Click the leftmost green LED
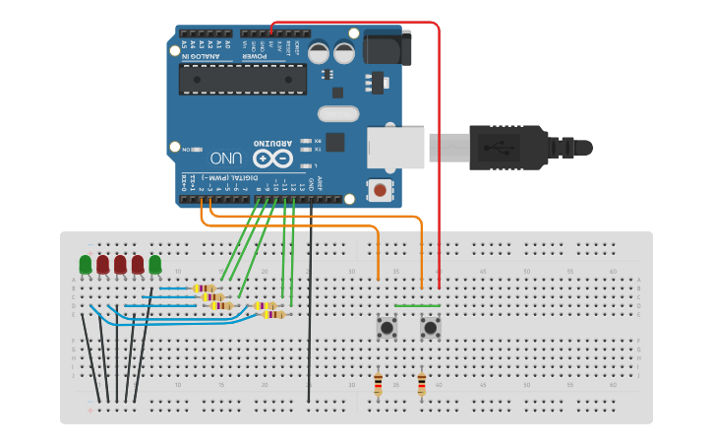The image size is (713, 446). (86, 264)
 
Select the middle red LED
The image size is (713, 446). (120, 264)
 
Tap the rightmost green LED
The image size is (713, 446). (154, 264)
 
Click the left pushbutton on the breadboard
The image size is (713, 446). (386, 327)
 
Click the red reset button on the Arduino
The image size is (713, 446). (379, 189)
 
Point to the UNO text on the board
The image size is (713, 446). (226, 158)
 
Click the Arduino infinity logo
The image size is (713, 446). (272, 159)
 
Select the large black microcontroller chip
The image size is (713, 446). (242, 79)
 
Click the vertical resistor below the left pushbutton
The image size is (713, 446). (378, 383)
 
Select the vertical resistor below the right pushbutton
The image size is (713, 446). (421, 383)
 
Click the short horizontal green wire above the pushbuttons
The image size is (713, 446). (417, 305)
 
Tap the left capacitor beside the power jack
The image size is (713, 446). (320, 51)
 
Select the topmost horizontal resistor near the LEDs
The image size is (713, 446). (205, 288)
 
